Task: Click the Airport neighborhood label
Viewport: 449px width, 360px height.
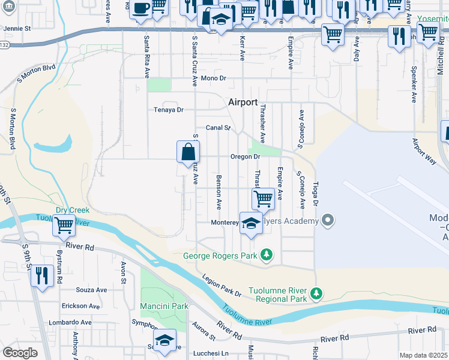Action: [x=243, y=103]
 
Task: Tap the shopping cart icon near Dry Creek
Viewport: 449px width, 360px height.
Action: [x=64, y=226]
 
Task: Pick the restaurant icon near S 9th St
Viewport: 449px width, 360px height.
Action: [x=41, y=275]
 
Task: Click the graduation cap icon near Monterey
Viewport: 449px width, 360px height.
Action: [x=251, y=223]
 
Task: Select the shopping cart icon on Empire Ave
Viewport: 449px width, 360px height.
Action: [x=263, y=198]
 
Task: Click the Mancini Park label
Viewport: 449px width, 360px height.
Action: [x=164, y=306]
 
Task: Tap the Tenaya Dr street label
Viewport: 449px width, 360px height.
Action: [x=169, y=110]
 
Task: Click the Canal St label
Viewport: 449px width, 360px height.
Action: [x=218, y=128]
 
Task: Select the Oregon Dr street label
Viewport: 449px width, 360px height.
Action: [x=245, y=157]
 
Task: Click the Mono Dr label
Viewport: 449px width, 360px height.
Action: [x=213, y=79]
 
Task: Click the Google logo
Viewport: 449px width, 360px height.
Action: [x=20, y=353]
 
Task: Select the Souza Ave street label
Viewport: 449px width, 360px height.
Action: [x=91, y=290]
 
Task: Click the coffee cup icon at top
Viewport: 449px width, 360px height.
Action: [x=140, y=9]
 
